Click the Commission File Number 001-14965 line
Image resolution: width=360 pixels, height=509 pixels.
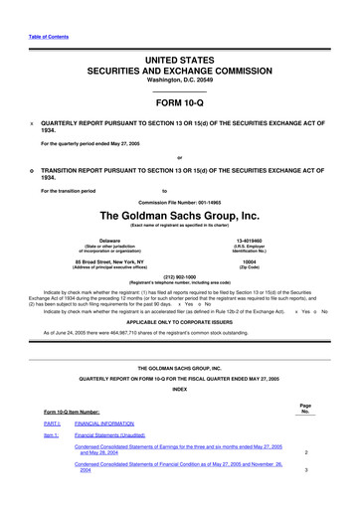click(x=180, y=200)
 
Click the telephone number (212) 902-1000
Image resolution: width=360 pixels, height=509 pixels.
click(x=180, y=278)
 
